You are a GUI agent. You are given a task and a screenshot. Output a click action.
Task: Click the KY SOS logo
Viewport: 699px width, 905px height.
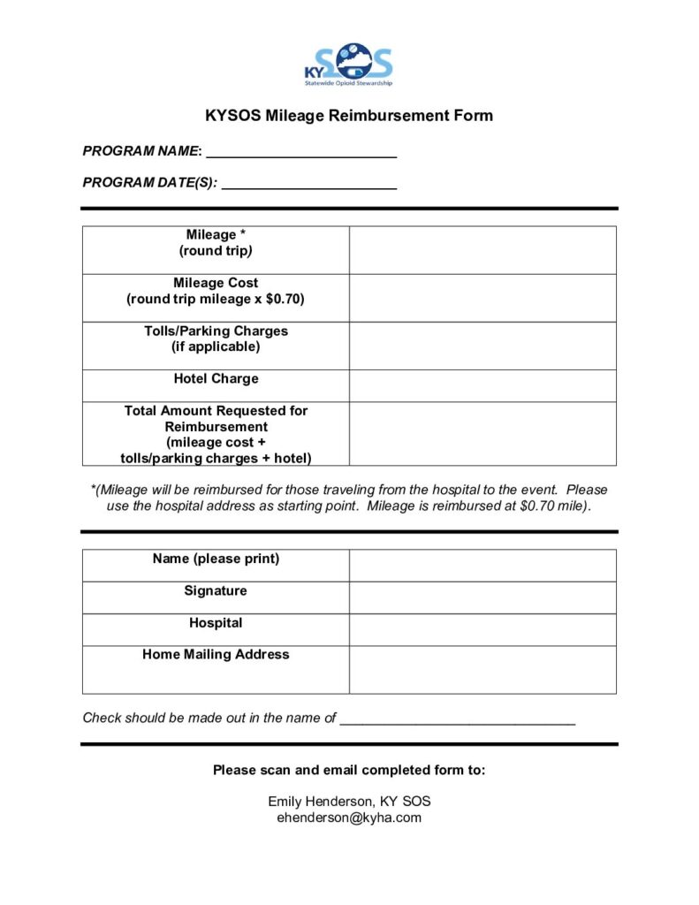point(348,65)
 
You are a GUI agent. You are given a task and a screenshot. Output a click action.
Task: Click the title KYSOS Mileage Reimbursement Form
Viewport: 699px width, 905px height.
point(349,116)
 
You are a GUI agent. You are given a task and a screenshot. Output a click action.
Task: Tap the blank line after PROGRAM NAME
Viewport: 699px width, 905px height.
point(300,152)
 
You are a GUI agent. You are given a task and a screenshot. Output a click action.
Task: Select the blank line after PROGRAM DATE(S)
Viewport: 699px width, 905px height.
point(308,185)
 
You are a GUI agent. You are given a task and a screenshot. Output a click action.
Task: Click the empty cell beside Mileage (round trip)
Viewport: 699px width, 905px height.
point(482,250)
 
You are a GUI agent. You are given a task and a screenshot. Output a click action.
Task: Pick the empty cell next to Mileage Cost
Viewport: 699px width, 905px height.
point(482,298)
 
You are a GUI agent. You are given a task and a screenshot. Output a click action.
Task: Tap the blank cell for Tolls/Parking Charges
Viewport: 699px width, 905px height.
point(482,346)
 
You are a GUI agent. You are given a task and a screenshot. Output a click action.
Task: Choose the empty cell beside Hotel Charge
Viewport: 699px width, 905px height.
point(482,386)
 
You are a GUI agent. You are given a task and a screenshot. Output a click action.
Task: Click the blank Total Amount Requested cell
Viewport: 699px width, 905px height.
point(482,434)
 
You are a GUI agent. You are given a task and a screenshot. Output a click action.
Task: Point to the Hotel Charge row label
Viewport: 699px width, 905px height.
point(216,379)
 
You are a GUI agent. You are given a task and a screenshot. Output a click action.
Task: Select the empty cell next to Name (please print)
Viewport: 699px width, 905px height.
point(482,566)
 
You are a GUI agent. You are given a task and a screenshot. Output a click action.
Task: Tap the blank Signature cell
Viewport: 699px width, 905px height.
point(482,597)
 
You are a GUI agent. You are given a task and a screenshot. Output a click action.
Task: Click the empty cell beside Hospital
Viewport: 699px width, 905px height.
point(482,630)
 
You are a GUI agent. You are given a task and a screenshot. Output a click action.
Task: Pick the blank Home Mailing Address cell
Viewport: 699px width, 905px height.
point(482,670)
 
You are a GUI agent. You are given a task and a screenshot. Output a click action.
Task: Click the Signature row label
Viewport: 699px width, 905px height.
point(216,591)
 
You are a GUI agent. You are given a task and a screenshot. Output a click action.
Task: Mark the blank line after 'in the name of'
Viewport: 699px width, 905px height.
point(458,719)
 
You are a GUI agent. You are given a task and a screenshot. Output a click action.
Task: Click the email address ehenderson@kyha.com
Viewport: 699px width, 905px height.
point(349,818)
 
